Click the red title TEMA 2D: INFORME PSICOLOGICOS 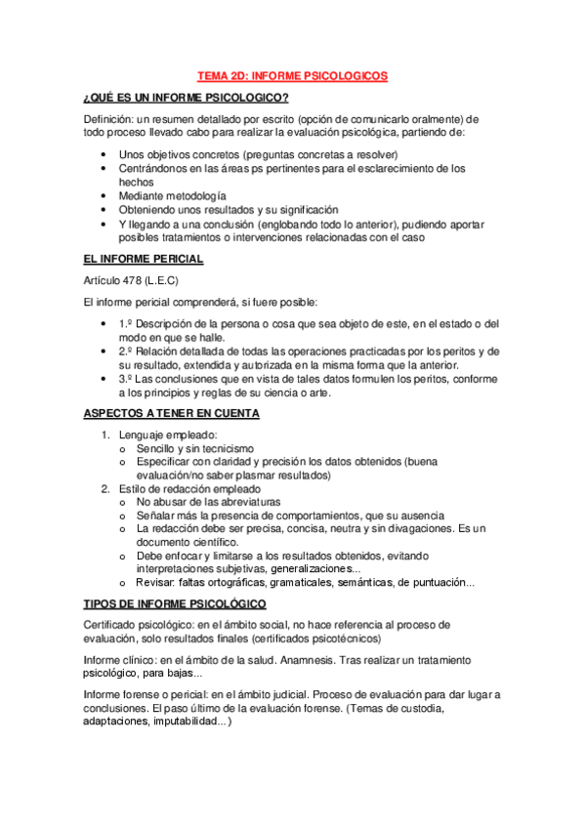click(292, 74)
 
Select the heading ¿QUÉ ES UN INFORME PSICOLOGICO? click(186, 97)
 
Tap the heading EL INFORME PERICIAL click(144, 259)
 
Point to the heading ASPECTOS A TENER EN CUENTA click(172, 413)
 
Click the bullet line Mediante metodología click(172, 195)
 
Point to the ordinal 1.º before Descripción click(125, 323)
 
